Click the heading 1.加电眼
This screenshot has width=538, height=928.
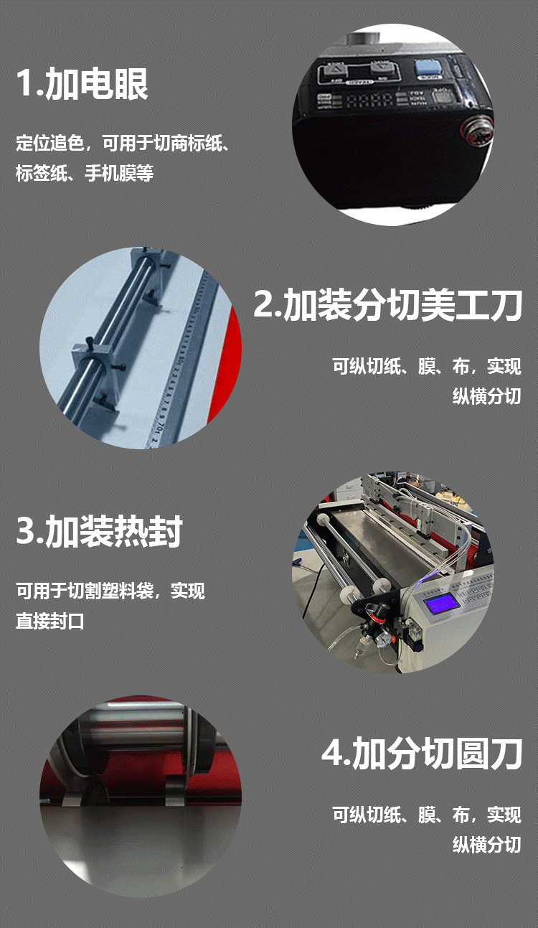pyautogui.click(x=82, y=84)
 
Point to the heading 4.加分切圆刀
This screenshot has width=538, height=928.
pyautogui.click(x=421, y=754)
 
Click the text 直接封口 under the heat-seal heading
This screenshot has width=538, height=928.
pyautogui.click(x=50, y=621)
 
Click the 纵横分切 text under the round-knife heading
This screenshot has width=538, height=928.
pyautogui.click(x=486, y=845)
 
